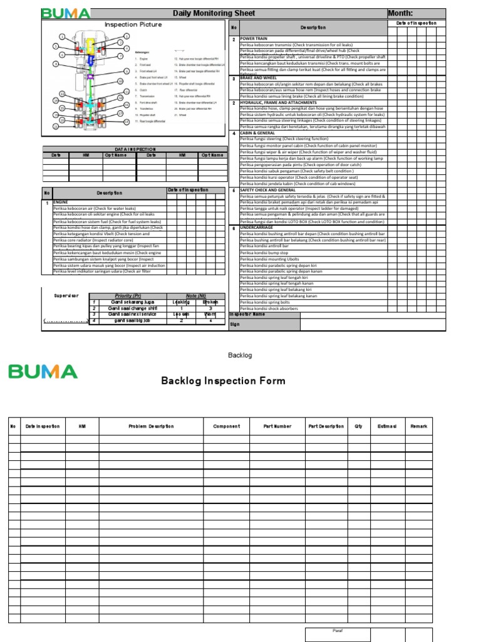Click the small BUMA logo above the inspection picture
click(65, 14)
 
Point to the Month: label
click(400, 13)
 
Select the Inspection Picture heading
click(133, 24)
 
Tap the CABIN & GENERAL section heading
click(257, 133)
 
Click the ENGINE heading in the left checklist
click(60, 203)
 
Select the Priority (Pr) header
click(128, 295)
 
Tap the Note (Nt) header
click(196, 295)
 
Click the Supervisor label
click(66, 295)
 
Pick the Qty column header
click(358, 426)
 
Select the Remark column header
click(418, 426)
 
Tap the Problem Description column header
click(151, 426)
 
